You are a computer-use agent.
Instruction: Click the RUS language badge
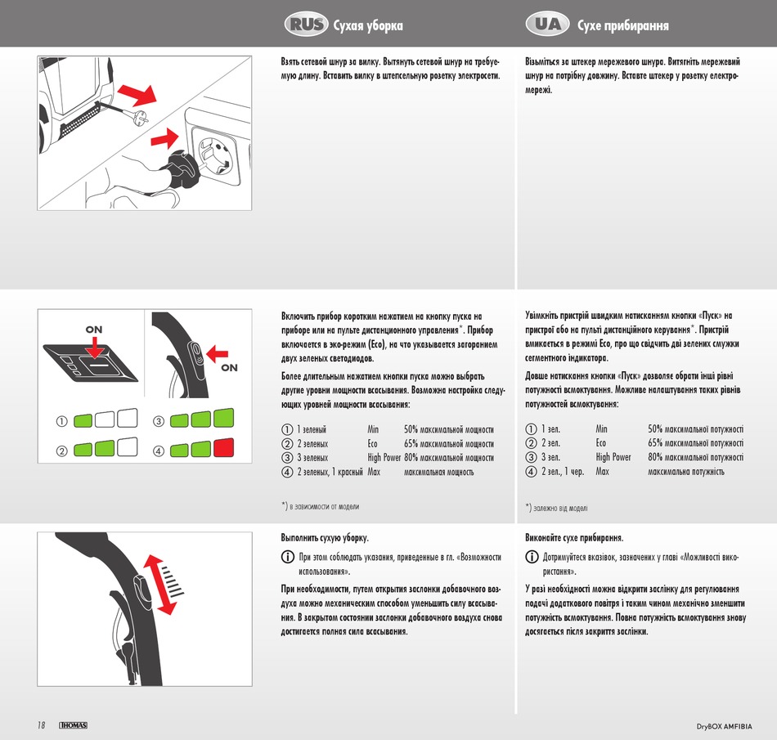pyautogui.click(x=307, y=25)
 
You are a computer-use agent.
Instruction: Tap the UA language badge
pyautogui.click(x=548, y=25)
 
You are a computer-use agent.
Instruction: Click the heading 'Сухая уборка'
pyautogui.click(x=368, y=25)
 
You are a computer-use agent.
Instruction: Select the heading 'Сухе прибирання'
pyautogui.click(x=622, y=25)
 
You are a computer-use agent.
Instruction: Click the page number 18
pyautogui.click(x=41, y=724)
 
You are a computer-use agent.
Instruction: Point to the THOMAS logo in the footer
pyautogui.click(x=73, y=725)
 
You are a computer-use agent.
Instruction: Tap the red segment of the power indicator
pyautogui.click(x=223, y=448)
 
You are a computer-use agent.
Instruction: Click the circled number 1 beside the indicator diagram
pyautogui.click(x=61, y=422)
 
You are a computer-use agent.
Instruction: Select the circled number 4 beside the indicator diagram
pyautogui.click(x=159, y=451)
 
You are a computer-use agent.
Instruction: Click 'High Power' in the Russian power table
pyautogui.click(x=384, y=458)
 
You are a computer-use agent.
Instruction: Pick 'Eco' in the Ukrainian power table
pyautogui.click(x=601, y=443)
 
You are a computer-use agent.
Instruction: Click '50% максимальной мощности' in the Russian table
pyautogui.click(x=449, y=429)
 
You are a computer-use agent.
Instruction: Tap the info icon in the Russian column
pyautogui.click(x=287, y=557)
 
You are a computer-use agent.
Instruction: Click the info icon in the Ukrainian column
pyautogui.click(x=531, y=557)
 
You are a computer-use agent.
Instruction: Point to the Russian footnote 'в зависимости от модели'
pyautogui.click(x=324, y=507)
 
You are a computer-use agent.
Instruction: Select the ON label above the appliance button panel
pyautogui.click(x=94, y=329)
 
